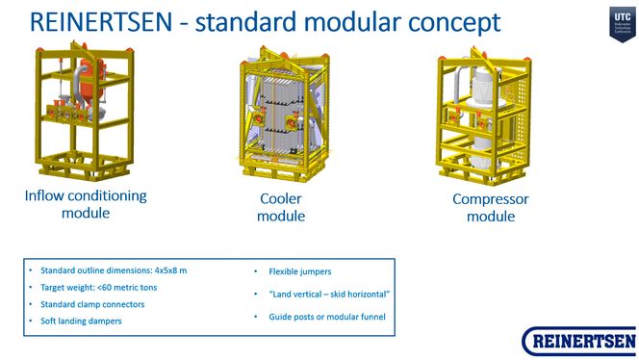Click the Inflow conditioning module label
pyautogui.click(x=86, y=204)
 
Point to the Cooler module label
pyautogui.click(x=281, y=208)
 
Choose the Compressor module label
pyautogui.click(x=491, y=208)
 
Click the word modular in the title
pyautogui.click(x=340, y=22)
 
